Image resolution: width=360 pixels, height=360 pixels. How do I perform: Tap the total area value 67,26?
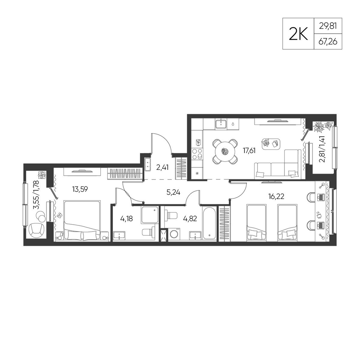tap(328, 42)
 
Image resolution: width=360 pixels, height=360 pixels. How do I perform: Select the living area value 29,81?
tap(328, 26)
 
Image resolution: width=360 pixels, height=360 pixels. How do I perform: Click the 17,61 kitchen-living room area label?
tap(249, 150)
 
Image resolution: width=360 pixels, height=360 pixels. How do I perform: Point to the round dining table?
tap(225, 152)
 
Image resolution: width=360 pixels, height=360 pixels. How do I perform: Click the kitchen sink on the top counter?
tap(221, 124)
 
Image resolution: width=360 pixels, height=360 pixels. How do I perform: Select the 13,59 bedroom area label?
tap(80, 189)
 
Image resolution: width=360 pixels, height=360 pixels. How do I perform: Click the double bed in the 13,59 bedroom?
tap(82, 221)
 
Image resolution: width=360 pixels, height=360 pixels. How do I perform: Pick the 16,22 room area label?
tap(276, 196)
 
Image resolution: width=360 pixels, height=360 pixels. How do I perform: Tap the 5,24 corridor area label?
tap(174, 192)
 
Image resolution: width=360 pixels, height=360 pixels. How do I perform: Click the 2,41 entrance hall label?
tap(162, 167)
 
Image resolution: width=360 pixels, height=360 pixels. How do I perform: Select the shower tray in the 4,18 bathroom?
tap(150, 215)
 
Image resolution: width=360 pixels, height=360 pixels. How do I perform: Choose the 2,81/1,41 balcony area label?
tap(323, 149)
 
